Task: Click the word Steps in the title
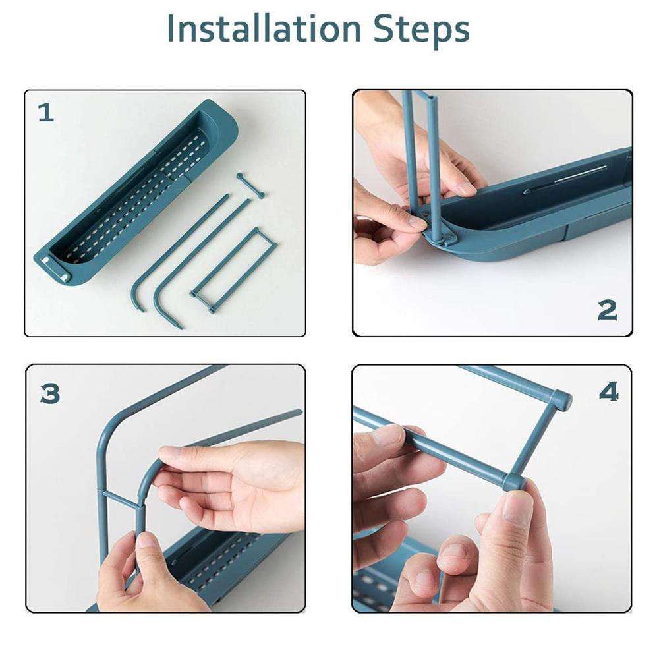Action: [421, 31]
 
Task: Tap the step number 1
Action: [46, 113]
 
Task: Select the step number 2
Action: [608, 310]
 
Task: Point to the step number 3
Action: [50, 394]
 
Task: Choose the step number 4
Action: [609, 391]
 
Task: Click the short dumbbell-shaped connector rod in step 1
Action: [250, 185]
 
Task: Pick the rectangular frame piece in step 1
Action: [233, 270]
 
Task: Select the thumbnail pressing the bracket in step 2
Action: [416, 221]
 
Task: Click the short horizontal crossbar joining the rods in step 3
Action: [122, 497]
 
